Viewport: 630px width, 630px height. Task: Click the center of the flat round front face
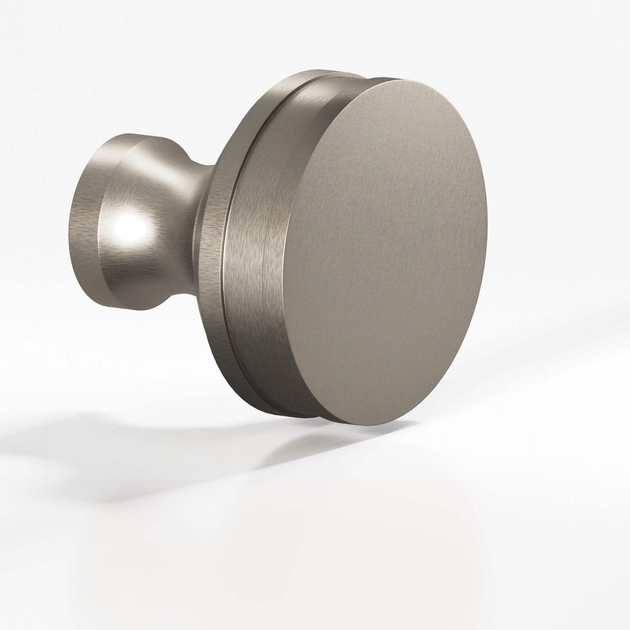pos(388,248)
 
